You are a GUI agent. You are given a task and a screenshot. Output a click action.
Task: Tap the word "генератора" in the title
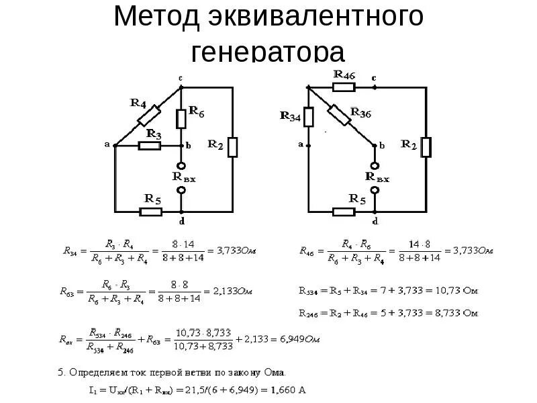pos(268,52)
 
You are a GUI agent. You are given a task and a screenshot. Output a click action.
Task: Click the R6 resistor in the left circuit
pos(181,119)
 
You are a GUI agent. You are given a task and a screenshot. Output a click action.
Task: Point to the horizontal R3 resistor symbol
pos(149,145)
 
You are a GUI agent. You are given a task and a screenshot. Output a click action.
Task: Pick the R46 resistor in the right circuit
pos(344,87)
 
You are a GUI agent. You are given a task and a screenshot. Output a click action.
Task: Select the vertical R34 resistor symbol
pos(309,118)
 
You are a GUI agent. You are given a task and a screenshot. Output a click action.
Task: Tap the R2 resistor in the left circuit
pos(232,147)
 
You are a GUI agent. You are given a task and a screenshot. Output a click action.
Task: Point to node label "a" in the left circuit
pos(107,143)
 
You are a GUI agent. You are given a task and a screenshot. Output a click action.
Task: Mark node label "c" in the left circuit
pos(181,78)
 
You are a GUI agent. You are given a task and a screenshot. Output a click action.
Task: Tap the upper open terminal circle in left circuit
pos(181,165)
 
